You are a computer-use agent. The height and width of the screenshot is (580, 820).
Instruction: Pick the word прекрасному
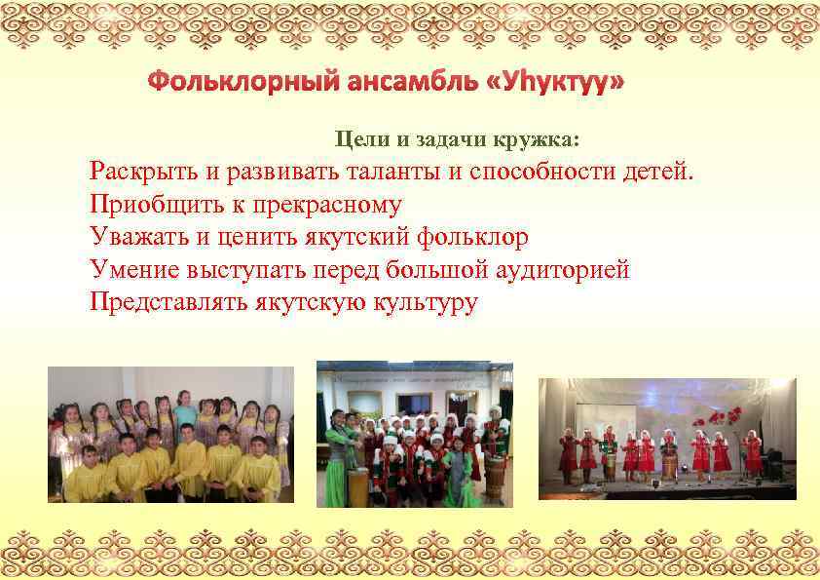pos(323,205)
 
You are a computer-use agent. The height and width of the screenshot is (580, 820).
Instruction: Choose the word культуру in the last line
pos(426,301)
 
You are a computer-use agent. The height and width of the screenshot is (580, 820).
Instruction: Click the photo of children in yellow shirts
pos(171,434)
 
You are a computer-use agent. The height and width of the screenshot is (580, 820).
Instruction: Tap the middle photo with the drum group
pos(413,434)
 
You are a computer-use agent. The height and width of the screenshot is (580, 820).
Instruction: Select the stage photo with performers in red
pos(667,439)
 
